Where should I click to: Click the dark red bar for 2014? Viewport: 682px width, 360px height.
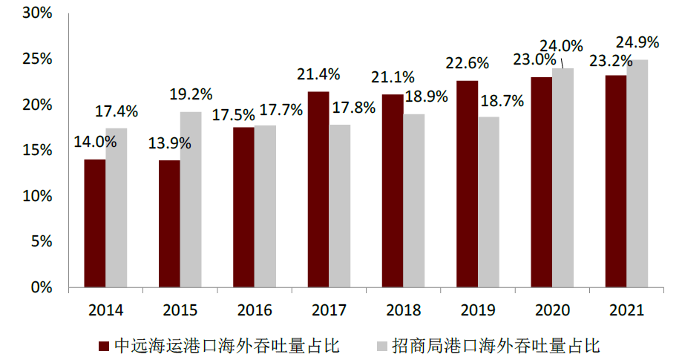pos(94,223)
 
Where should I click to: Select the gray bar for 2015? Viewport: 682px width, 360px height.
pos(191,200)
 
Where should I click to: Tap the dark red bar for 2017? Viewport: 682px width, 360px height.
pos(318,189)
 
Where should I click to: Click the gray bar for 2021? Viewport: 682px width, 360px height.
pos(637,174)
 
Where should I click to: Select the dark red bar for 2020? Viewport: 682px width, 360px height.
pos(542,182)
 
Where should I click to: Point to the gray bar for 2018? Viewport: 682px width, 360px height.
pos(414,200)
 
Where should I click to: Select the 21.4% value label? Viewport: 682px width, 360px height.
pos(318,74)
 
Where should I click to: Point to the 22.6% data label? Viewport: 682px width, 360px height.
pos(467,65)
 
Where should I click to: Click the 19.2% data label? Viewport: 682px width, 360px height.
pos(191,95)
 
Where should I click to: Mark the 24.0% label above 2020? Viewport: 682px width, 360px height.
pos(561,47)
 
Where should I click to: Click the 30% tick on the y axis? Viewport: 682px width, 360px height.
pos(37,13)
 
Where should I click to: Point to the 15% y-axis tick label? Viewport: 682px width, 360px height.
pos(37,151)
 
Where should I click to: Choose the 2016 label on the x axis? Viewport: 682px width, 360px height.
pos(255,310)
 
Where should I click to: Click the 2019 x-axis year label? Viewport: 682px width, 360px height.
pos(477,310)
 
